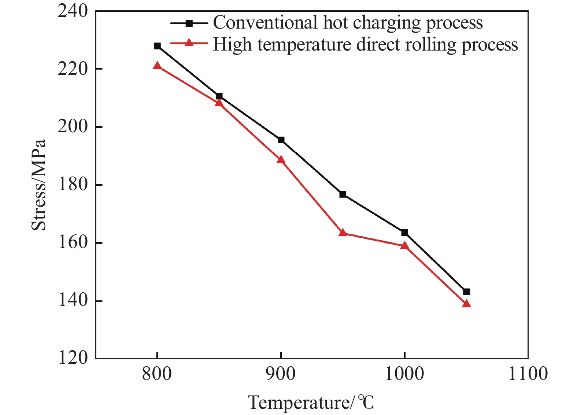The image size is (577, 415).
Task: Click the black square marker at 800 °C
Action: [157, 46]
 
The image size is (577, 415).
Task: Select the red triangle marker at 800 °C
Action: [157, 66]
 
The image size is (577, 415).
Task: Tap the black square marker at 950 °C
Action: [343, 194]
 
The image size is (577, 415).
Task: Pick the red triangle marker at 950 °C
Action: [343, 233]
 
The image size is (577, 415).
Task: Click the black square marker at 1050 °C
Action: [466, 292]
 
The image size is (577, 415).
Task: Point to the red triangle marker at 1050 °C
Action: [466, 304]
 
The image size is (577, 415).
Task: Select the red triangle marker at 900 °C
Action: [281, 160]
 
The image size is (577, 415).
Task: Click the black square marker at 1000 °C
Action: [404, 233]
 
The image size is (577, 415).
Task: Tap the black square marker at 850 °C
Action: [219, 96]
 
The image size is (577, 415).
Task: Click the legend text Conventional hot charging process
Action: [348, 23]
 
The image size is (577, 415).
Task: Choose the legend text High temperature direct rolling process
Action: [365, 45]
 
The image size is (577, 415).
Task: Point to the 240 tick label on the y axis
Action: [73, 11]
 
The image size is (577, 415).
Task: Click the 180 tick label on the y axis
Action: [73, 185]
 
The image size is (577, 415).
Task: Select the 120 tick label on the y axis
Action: [73, 358]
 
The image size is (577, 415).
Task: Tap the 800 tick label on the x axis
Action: [157, 374]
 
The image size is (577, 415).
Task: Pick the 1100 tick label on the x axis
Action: [528, 374]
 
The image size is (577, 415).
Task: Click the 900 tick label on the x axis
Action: [281, 374]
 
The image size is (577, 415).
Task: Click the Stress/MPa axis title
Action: [39, 185]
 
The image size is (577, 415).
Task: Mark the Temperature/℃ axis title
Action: [311, 403]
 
